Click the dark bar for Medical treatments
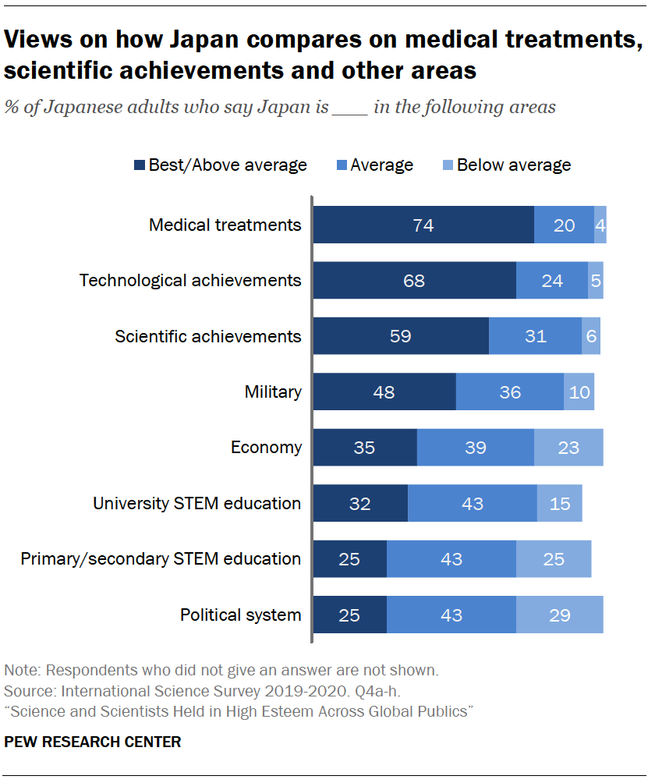pos(423,225)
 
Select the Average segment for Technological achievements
pos(551,281)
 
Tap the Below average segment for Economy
pos(568,448)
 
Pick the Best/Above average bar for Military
pos(384,391)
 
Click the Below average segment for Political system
pos(559,615)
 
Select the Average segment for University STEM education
pos(472,503)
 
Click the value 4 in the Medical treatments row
pos(600,225)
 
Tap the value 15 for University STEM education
pos(559,503)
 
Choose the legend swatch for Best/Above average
pos(140,165)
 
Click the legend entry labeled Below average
pos(513,165)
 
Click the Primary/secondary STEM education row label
pos(161,558)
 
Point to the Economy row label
pos(265,448)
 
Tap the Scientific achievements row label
pos(207,336)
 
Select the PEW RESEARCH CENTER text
pos(93,742)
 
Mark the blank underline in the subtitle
pos(349,110)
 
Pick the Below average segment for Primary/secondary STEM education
pos(553,559)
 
